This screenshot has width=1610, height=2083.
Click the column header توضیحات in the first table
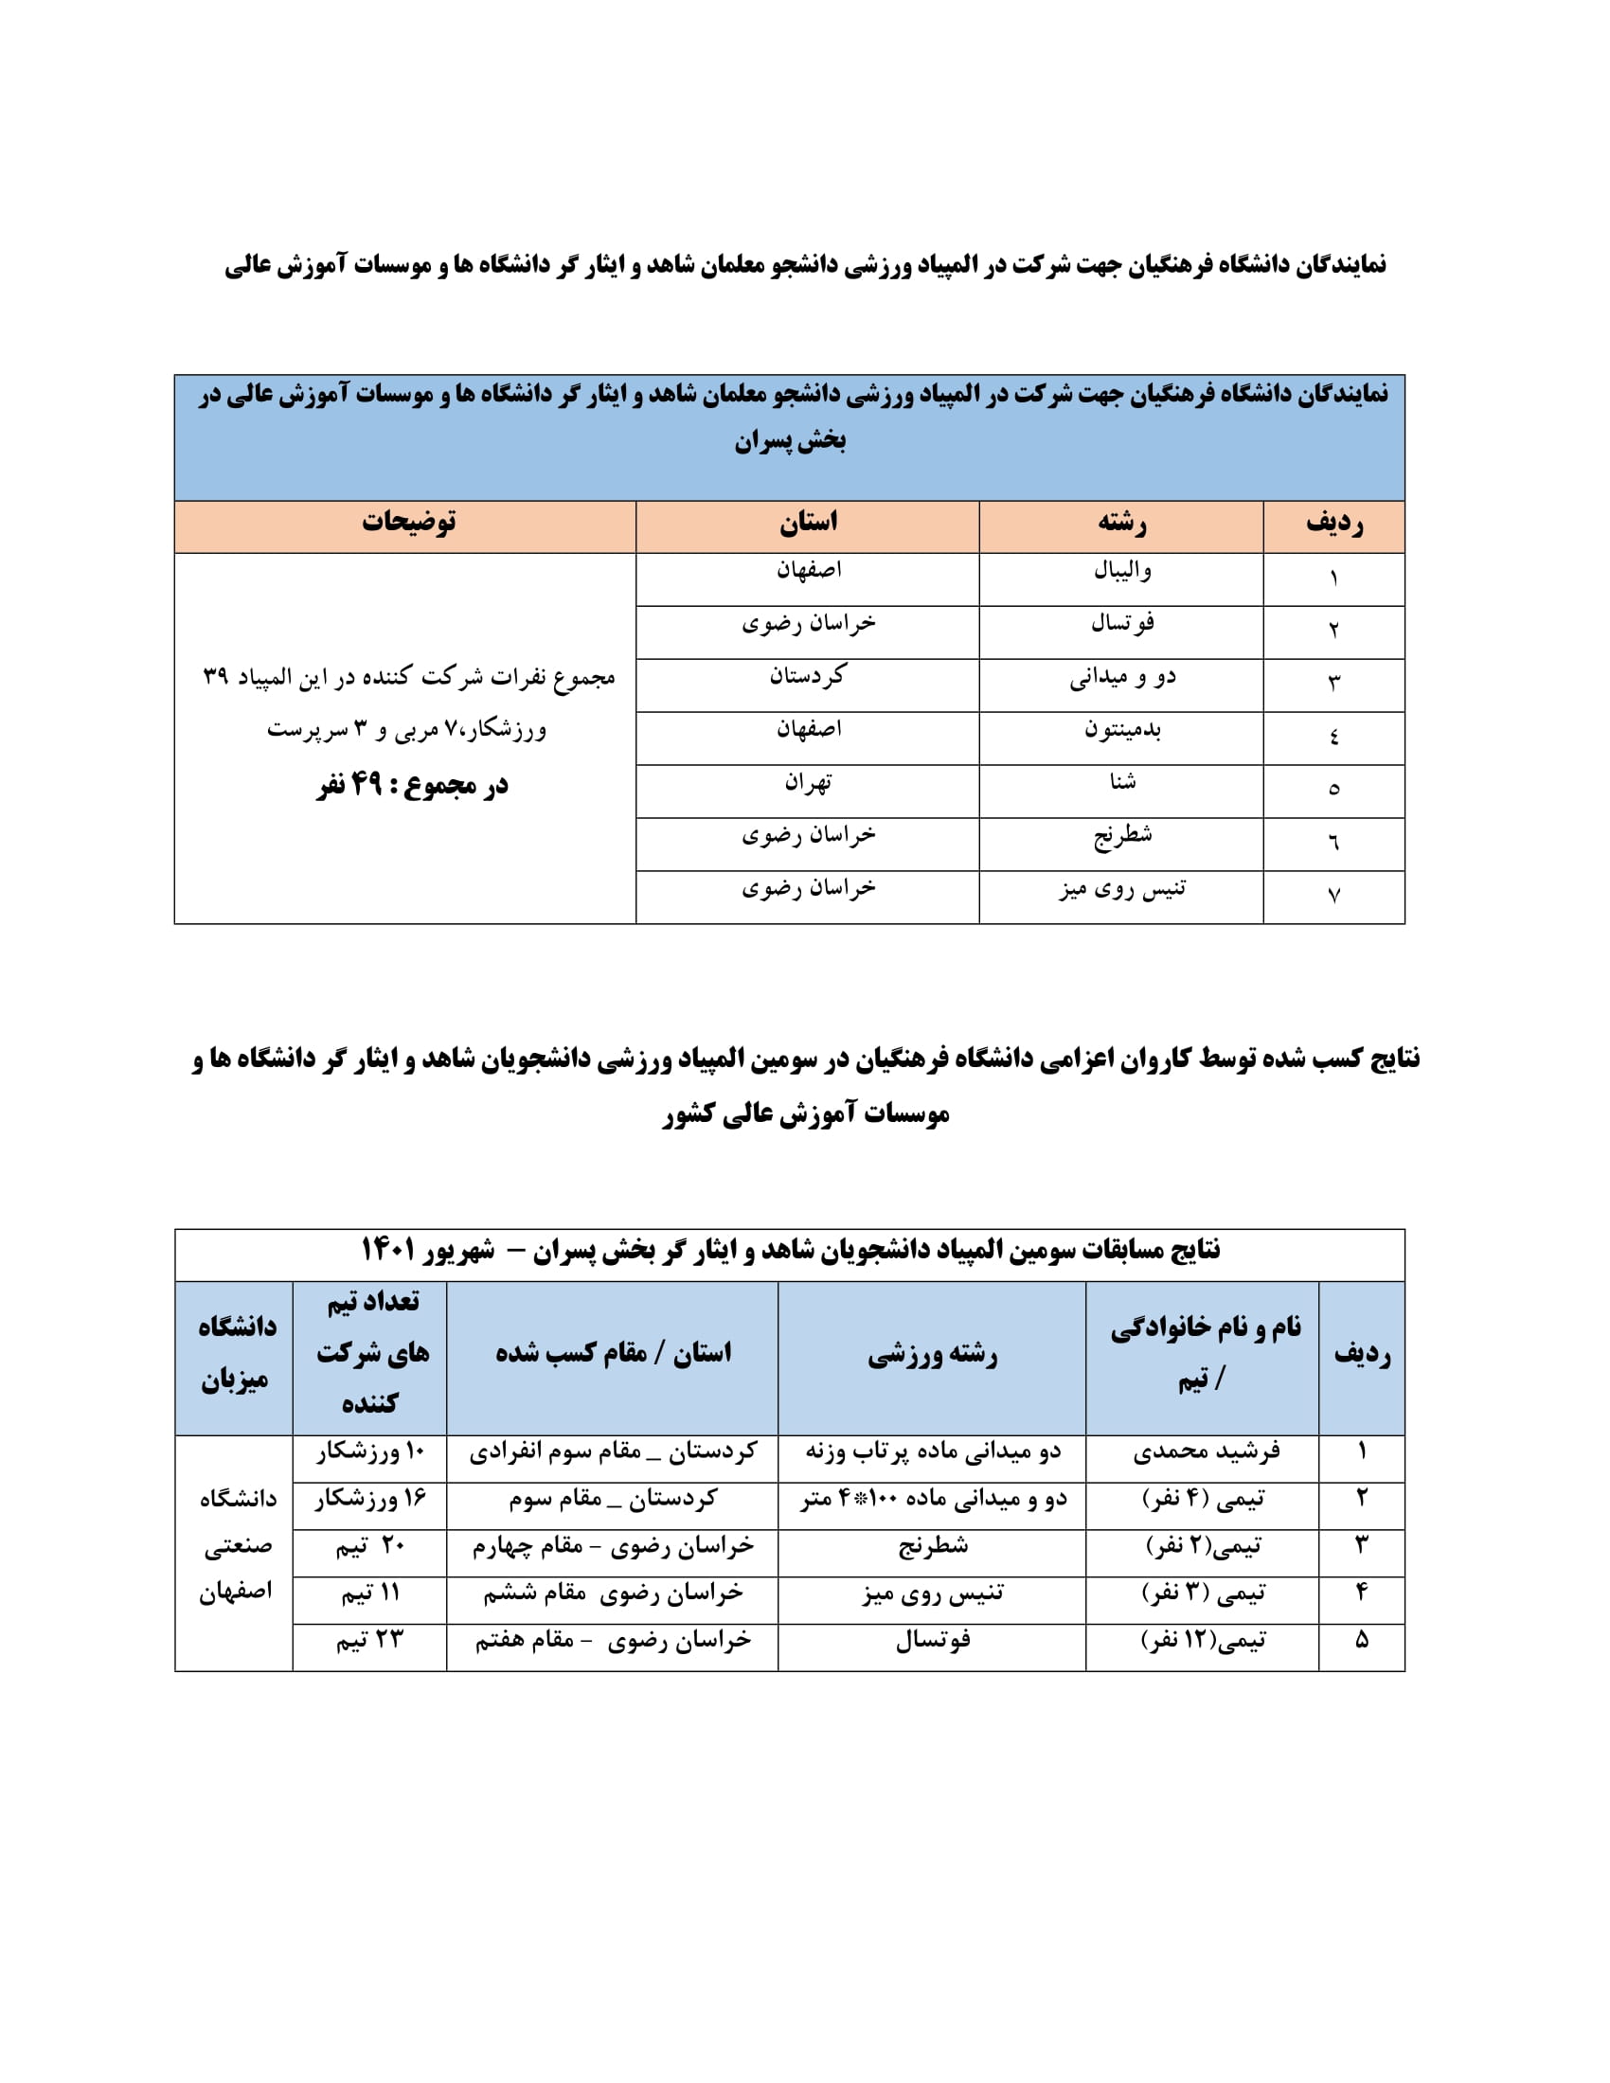tap(408, 522)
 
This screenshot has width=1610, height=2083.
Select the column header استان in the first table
tap(808, 522)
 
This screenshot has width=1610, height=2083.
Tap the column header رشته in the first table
tap(1121, 522)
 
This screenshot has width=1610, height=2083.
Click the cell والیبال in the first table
tap(1122, 571)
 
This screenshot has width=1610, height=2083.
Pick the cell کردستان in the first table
tap(808, 677)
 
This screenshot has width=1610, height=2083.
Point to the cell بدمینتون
tap(1122, 731)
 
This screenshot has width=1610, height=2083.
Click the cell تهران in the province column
tap(808, 783)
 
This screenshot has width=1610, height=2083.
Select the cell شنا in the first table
tap(1122, 783)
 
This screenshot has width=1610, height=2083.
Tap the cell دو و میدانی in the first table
tap(1122, 677)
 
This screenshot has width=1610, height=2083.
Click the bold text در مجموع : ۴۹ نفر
tap(412, 785)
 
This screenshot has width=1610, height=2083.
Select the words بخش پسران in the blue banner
tap(790, 441)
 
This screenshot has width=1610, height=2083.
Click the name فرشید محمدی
tap(1206, 1452)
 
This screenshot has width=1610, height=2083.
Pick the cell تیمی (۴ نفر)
tap(1204, 1501)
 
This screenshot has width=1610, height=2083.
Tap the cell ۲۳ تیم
tap(370, 1640)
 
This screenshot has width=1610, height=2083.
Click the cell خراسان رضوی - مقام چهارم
tap(614, 1546)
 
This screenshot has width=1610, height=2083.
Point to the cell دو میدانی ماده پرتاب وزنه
tap(933, 1452)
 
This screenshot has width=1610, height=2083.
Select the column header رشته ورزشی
tap(933, 1354)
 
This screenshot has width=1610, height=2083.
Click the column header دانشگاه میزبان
tap(236, 1353)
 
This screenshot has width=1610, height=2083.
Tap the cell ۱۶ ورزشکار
tap(370, 1501)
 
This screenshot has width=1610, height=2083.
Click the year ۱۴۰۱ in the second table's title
tap(387, 1250)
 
